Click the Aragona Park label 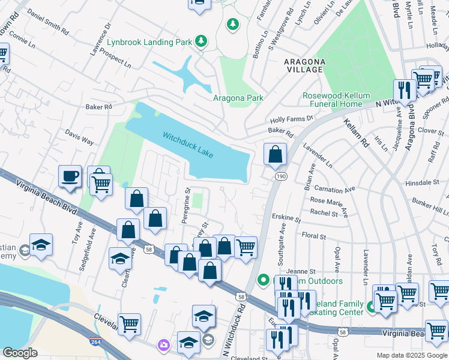pos(238,98)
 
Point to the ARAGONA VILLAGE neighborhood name pos(304,66)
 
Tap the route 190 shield pos(280,176)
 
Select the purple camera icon pos(163,345)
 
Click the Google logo pos(20,353)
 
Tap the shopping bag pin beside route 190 pos(275,154)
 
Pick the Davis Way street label pos(79,139)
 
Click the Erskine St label pos(285,217)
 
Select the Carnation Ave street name pos(334,189)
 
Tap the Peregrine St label pos(186,206)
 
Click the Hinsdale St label pos(422,182)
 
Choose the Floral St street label pos(314,236)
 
